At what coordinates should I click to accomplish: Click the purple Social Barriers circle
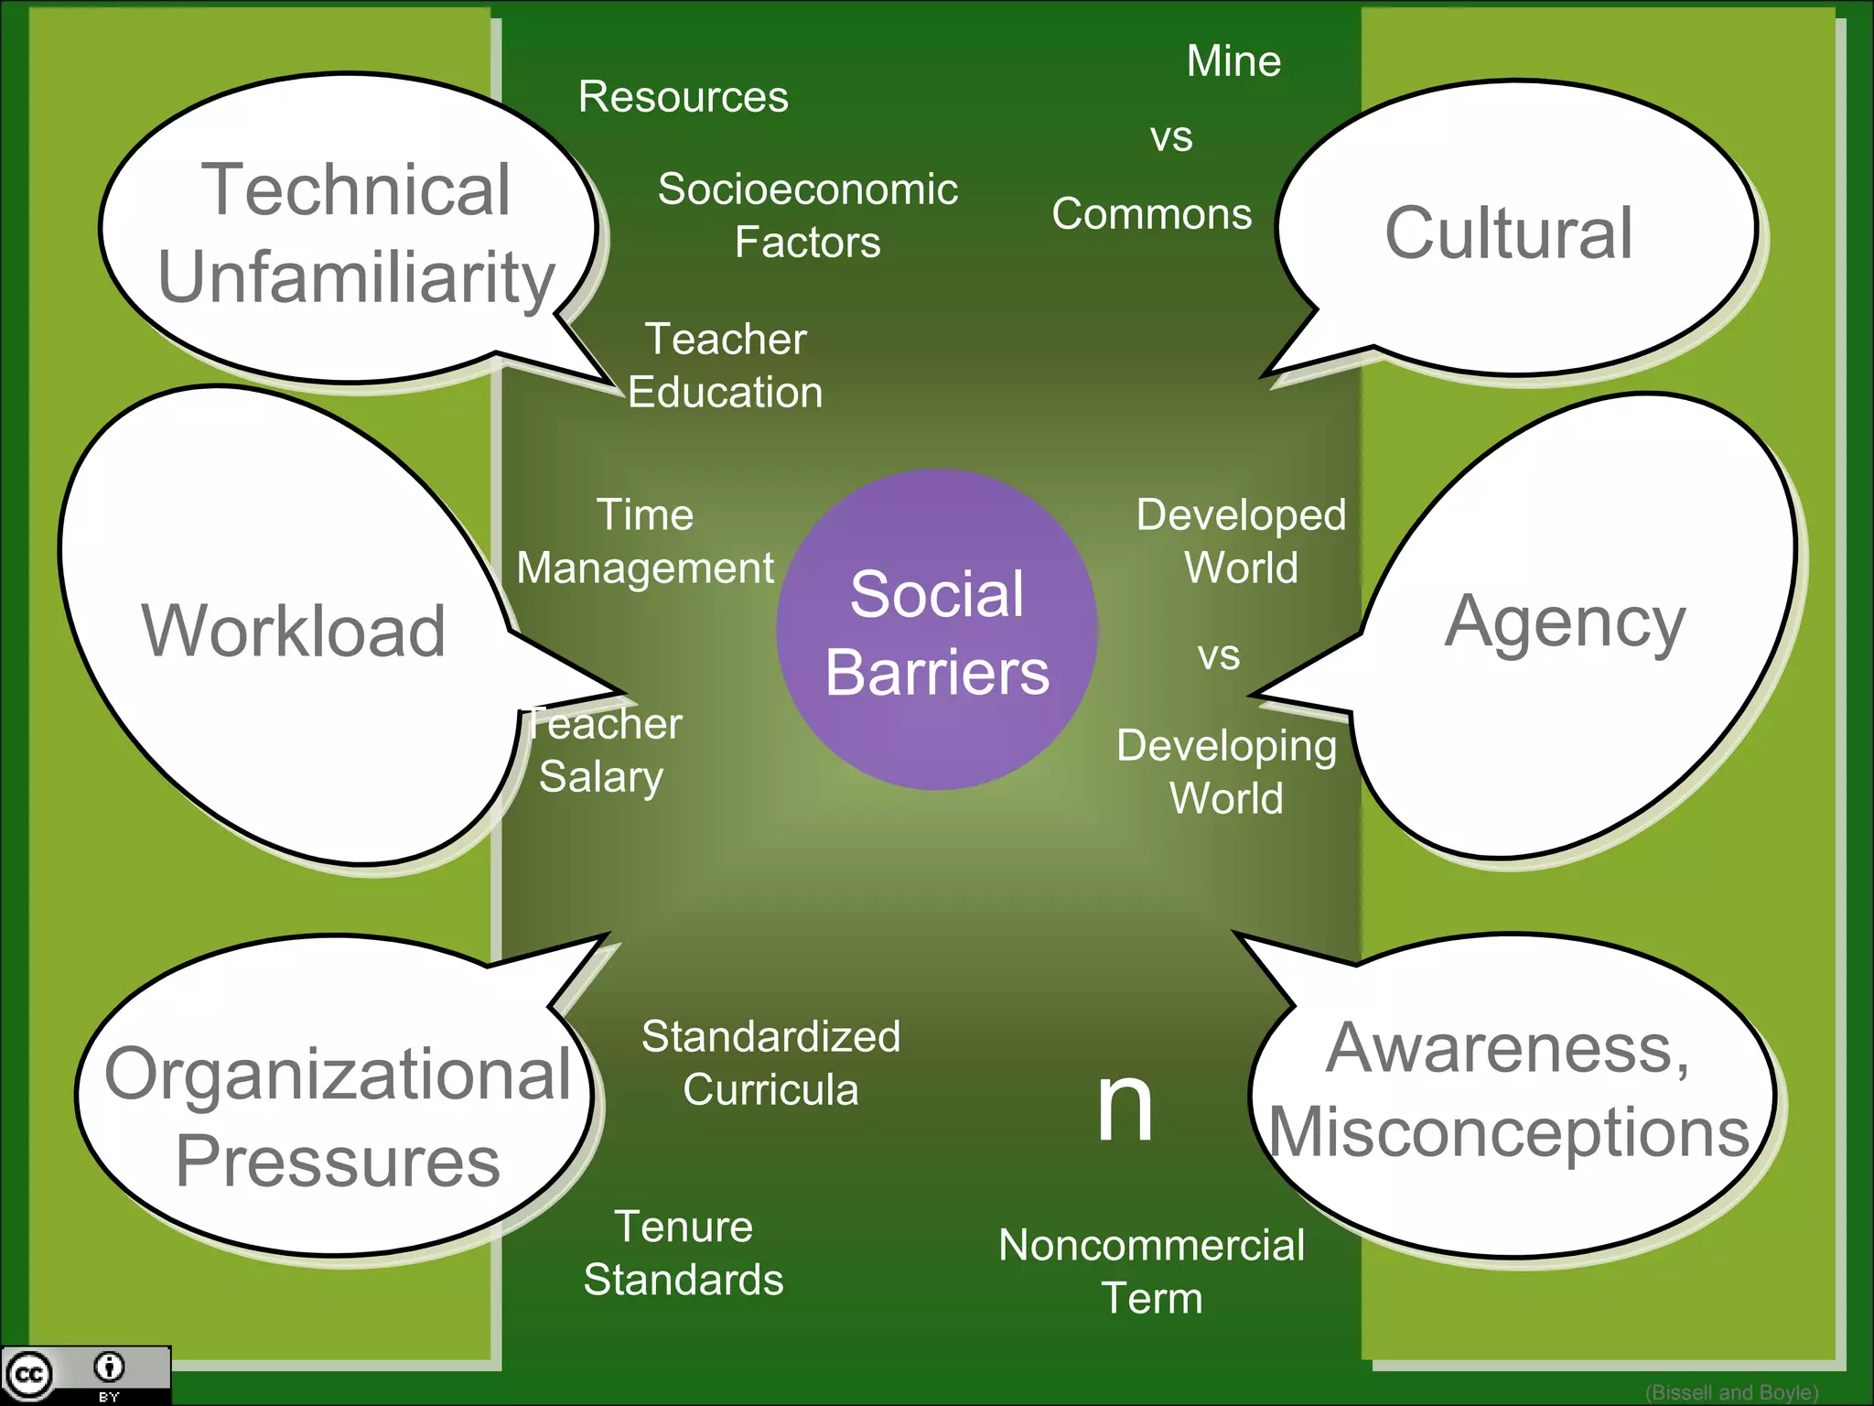click(x=936, y=630)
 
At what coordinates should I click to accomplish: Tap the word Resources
click(x=683, y=97)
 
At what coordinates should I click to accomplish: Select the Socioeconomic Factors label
click(x=807, y=215)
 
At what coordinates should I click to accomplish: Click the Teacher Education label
click(x=726, y=365)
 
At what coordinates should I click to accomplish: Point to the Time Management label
click(x=645, y=541)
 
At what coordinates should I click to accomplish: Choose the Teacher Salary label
click(x=604, y=751)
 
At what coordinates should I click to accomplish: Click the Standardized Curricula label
click(x=770, y=1063)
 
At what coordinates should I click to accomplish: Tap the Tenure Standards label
click(x=684, y=1252)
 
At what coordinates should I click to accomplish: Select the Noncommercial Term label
click(x=1151, y=1271)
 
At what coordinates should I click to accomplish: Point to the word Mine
click(x=1233, y=61)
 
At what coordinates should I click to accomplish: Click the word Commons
click(x=1151, y=214)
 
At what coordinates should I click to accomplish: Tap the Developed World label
click(x=1241, y=541)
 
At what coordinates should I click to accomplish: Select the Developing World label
click(x=1226, y=772)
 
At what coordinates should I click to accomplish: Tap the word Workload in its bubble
click(x=294, y=631)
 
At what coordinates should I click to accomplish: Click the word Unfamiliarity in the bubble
click(x=357, y=276)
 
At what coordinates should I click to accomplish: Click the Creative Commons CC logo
click(x=29, y=1375)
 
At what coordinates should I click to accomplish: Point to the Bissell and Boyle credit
click(x=1731, y=1392)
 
